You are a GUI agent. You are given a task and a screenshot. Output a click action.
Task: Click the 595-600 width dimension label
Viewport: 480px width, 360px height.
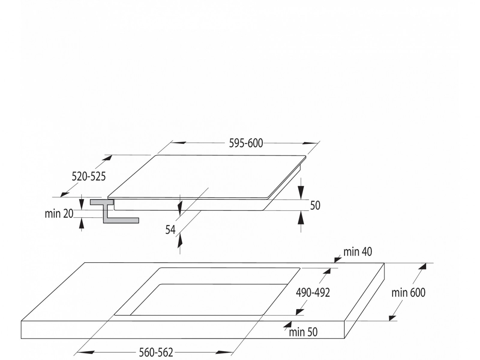click(246, 143)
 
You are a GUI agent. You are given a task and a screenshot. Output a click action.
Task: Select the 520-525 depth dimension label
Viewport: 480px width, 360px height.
click(88, 176)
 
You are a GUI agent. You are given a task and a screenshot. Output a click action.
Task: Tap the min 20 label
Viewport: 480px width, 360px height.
click(59, 214)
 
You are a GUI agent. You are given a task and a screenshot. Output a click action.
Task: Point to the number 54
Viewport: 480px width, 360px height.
click(170, 230)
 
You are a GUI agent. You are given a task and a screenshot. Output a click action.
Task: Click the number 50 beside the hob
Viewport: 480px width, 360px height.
click(315, 205)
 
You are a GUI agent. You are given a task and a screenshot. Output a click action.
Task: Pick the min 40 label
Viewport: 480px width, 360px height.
click(358, 252)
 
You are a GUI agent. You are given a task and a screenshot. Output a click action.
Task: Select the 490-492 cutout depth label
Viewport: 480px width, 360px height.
click(313, 292)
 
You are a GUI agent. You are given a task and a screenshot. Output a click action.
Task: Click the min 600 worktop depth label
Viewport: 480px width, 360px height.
click(408, 292)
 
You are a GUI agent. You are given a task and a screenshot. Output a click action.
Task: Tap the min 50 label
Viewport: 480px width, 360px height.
click(303, 332)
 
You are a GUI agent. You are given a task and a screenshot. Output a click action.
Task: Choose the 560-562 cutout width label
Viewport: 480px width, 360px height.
click(156, 352)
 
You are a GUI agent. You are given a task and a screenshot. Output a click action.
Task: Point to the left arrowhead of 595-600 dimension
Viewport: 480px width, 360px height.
click(178, 143)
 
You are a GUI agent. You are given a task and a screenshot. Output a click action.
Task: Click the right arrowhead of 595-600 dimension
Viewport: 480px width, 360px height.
click(310, 143)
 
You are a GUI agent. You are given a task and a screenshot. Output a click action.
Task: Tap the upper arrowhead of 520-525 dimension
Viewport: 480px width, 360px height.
click(108, 157)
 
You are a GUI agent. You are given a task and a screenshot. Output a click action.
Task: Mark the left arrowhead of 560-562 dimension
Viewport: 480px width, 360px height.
click(81, 352)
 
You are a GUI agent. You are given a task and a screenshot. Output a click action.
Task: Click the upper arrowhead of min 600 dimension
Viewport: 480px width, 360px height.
click(423, 266)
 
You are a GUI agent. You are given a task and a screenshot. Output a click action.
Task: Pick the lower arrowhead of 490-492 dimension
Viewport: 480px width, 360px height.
click(299, 312)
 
